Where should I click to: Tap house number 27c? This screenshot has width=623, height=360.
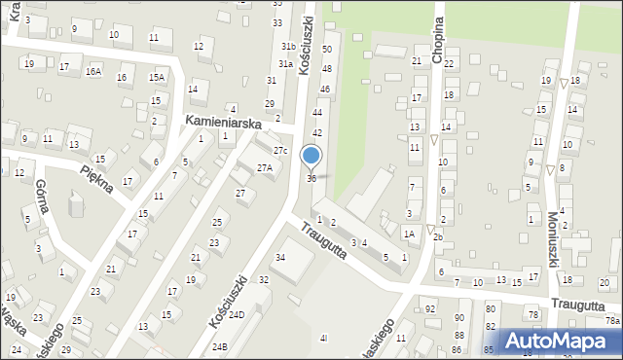pyautogui.click(x=280, y=150)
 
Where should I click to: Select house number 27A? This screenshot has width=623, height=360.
pyautogui.click(x=264, y=168)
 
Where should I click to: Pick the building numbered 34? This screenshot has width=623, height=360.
pyautogui.click(x=280, y=257)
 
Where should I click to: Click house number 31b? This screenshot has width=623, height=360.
pyautogui.click(x=289, y=47)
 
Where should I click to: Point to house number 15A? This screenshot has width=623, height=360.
pyautogui.click(x=156, y=77)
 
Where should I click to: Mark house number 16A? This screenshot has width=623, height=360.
pyautogui.click(x=93, y=71)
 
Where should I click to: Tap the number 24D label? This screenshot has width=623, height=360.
pyautogui.click(x=236, y=315)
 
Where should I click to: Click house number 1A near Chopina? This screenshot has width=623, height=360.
pyautogui.click(x=410, y=234)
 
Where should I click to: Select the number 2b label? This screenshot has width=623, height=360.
pyautogui.click(x=438, y=237)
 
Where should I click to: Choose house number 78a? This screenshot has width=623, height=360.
pyautogui.click(x=612, y=320)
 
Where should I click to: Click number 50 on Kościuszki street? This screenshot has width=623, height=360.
pyautogui.click(x=327, y=48)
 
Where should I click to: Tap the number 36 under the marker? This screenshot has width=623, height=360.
pyautogui.click(x=311, y=178)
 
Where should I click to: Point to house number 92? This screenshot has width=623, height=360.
pyautogui.click(x=430, y=309)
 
